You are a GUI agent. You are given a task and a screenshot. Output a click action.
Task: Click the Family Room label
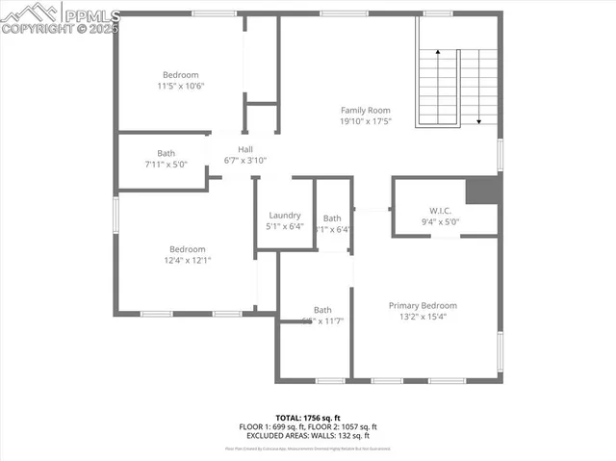[365, 111]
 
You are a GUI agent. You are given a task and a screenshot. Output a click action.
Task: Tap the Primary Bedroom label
[423, 305]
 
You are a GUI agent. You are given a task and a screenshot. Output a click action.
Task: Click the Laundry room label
[285, 216]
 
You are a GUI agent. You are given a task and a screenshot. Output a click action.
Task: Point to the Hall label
[245, 149]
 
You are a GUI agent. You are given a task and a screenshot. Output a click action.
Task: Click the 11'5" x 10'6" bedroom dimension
[180, 86]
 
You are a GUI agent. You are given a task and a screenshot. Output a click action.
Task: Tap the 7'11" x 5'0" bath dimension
[167, 164]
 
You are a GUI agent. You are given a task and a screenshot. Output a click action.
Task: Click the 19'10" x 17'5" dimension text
[365, 121]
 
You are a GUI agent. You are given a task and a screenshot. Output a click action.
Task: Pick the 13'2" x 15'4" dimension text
[423, 316]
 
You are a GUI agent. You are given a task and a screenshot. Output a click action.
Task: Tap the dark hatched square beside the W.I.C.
[482, 191]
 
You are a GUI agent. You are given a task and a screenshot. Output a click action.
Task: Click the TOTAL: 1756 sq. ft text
[308, 417]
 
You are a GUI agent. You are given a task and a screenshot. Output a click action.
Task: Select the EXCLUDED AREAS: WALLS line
[308, 435]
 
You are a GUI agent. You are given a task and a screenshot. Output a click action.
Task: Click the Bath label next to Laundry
[332, 218]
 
